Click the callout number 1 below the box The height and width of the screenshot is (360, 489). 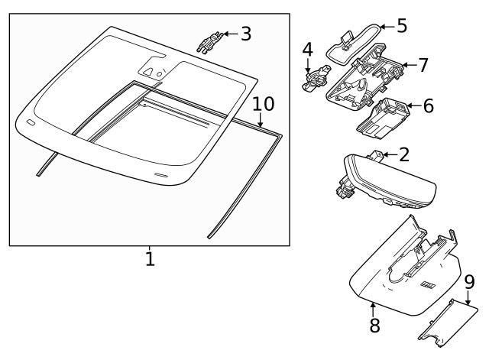[x=150, y=259]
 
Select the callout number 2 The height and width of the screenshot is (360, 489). [x=404, y=155]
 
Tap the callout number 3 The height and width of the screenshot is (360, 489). [x=244, y=34]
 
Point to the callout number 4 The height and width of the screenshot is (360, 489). [x=307, y=50]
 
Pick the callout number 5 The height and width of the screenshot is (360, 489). [x=401, y=25]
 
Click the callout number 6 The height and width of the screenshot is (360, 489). [x=428, y=106]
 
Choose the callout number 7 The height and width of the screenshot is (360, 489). [x=423, y=65]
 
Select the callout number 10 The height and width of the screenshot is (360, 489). [x=262, y=103]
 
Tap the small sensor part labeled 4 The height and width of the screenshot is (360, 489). [x=314, y=78]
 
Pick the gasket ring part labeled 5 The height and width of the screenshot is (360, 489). [x=354, y=37]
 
